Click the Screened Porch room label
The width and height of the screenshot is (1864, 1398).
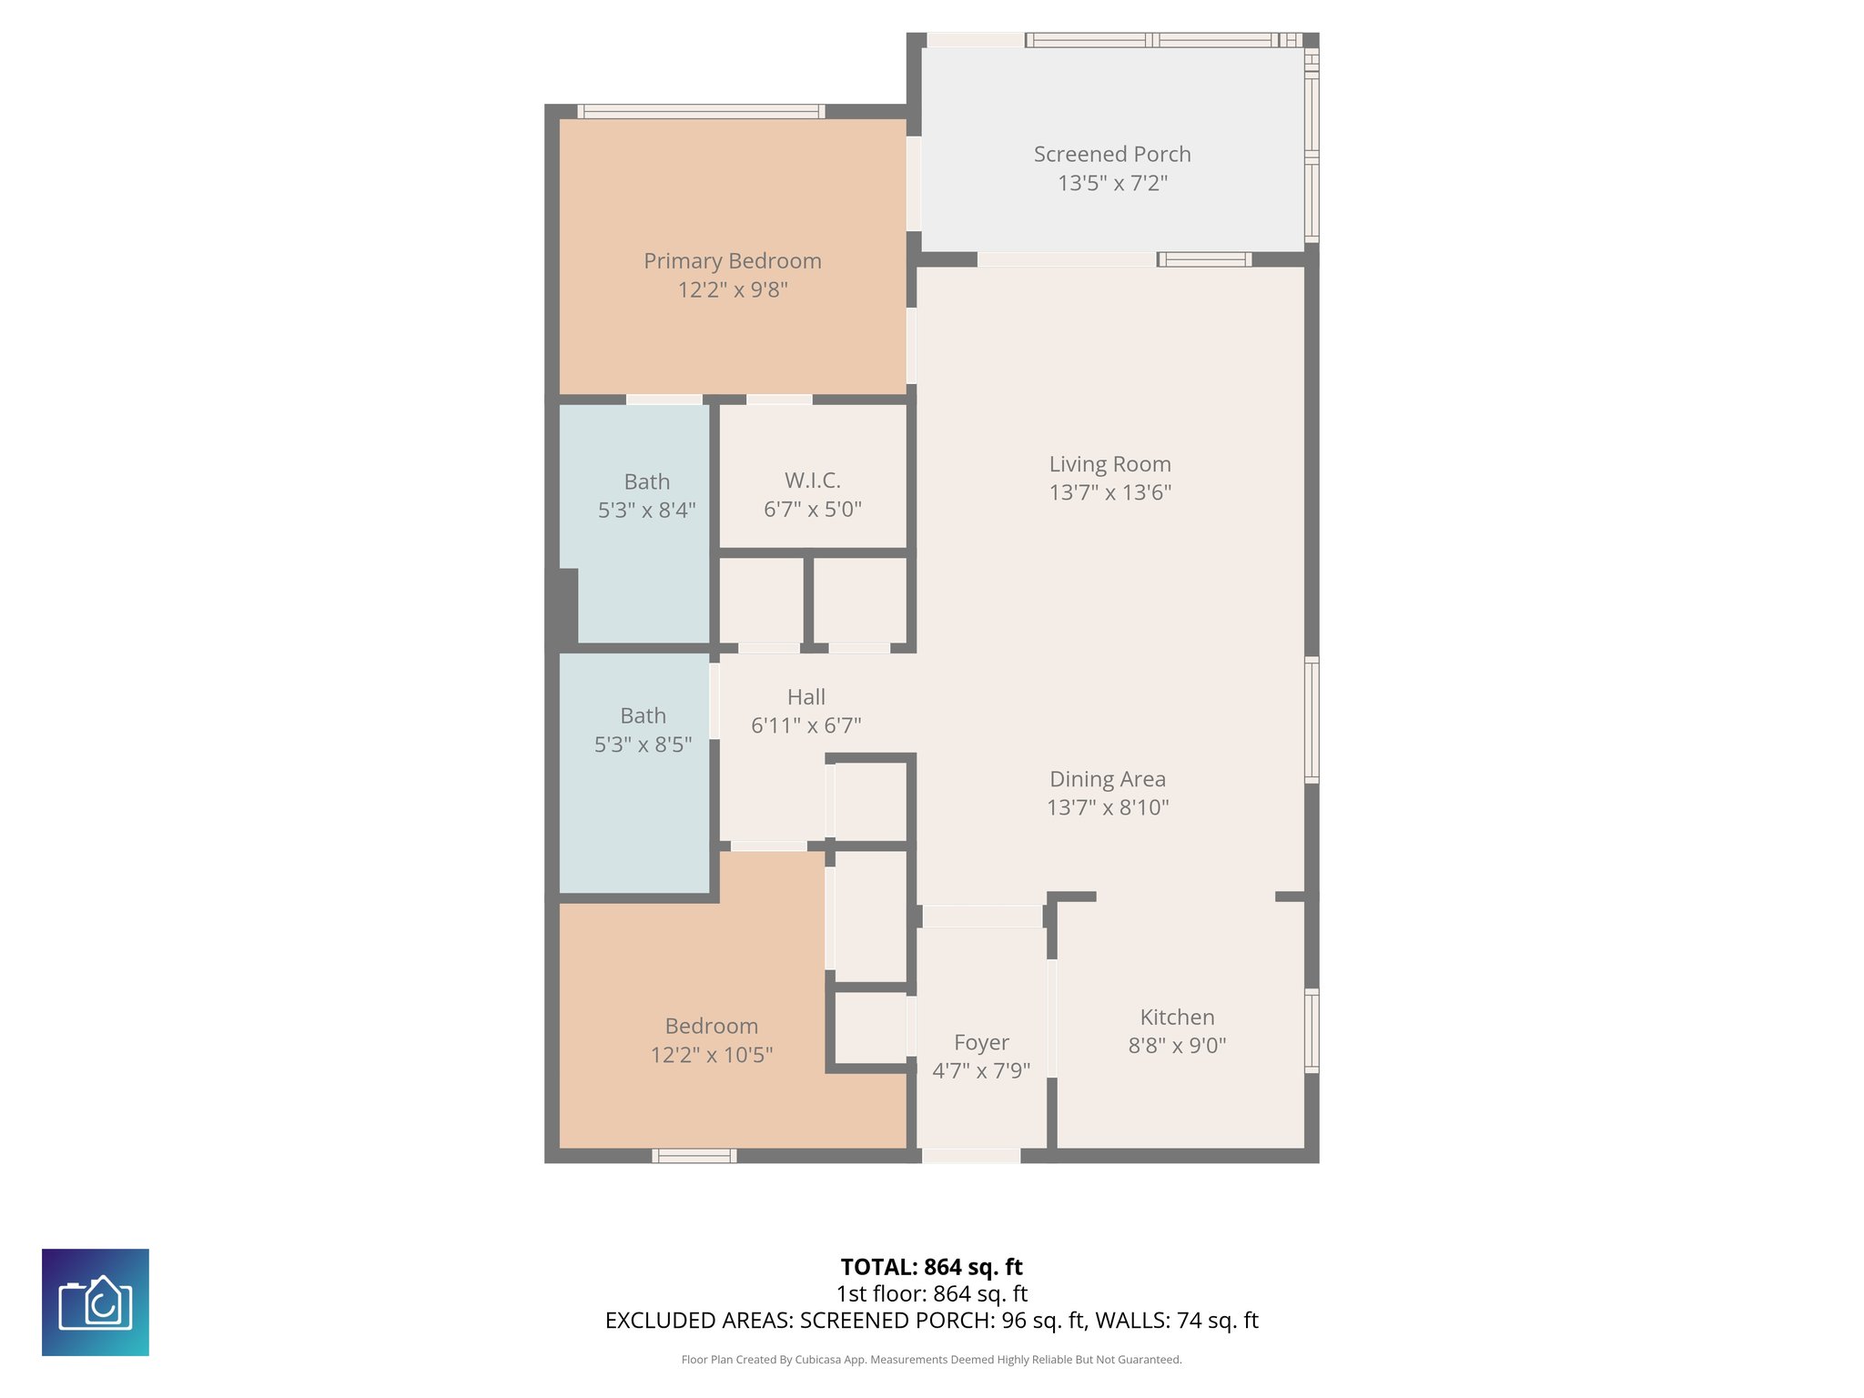tap(1111, 155)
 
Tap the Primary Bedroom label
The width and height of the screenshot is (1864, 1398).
tap(732, 261)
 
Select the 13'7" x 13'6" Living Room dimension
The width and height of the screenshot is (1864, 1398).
tap(1109, 492)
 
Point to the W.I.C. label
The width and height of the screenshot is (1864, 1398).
tap(812, 481)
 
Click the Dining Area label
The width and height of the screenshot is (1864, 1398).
tap(1107, 779)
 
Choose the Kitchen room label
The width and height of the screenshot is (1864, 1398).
tap(1176, 1018)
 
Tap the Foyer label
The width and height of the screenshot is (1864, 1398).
tap(980, 1043)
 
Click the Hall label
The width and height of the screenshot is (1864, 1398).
tap(805, 697)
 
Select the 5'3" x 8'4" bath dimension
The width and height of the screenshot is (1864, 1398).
tap(646, 511)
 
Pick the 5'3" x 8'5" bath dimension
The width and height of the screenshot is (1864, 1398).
tap(643, 745)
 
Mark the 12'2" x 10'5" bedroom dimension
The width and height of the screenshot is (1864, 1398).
tap(711, 1055)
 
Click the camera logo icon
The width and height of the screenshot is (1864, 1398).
tap(96, 1302)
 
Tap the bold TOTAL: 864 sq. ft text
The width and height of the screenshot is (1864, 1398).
tap(931, 1267)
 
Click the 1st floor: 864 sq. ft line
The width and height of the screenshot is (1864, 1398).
tap(931, 1293)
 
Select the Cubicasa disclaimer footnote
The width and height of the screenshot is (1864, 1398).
tap(931, 1360)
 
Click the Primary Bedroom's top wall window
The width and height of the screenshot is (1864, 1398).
tap(701, 112)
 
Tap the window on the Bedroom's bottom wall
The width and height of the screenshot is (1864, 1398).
tap(694, 1156)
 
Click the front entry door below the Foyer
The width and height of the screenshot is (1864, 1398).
tap(970, 1156)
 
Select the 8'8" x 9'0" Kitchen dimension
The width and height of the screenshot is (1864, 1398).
tap(1176, 1046)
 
